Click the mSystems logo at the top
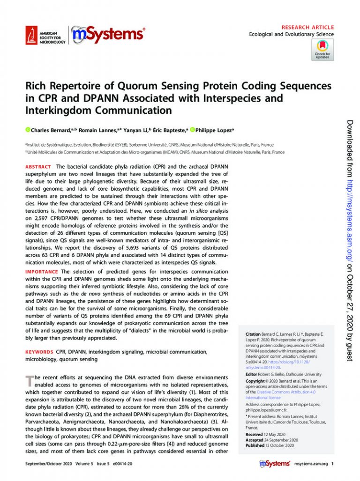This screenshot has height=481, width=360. click(108, 34)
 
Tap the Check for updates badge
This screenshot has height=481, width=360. click(322, 50)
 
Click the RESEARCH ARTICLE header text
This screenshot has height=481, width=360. click(308, 27)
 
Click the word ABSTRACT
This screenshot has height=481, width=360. click(38, 166)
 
